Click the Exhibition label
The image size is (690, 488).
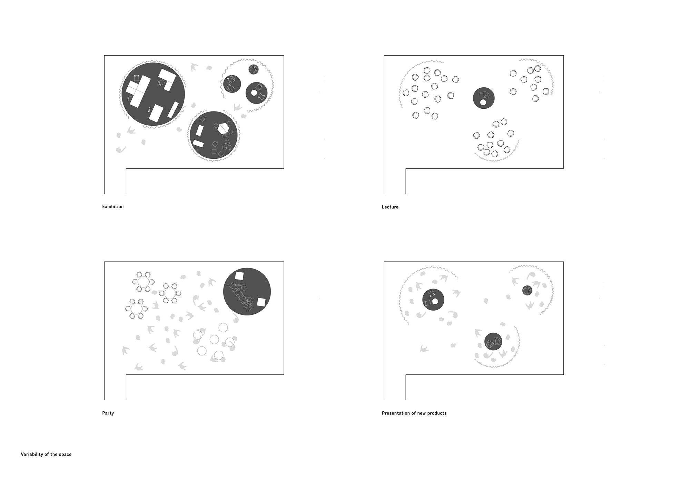[113, 207]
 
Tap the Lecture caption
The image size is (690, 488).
[390, 207]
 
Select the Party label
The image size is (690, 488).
[108, 413]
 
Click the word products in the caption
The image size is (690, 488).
[437, 413]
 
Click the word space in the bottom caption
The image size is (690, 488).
[65, 455]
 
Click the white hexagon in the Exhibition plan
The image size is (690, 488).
[224, 128]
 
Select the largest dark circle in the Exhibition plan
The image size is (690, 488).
[153, 94]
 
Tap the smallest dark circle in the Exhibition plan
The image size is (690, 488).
[254, 69]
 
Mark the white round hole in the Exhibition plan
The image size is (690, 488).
[254, 93]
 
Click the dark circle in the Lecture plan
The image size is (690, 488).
[484, 98]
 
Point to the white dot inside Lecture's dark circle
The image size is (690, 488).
[483, 103]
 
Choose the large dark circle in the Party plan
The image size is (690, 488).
[247, 292]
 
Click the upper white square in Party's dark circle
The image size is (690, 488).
[239, 276]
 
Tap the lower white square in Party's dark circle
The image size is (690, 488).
[261, 303]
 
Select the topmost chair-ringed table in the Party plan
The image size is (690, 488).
[143, 282]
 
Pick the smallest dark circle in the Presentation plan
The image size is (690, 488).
[527, 290]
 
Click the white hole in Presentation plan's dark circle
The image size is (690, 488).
[435, 301]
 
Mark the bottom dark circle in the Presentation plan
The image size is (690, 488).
[493, 342]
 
